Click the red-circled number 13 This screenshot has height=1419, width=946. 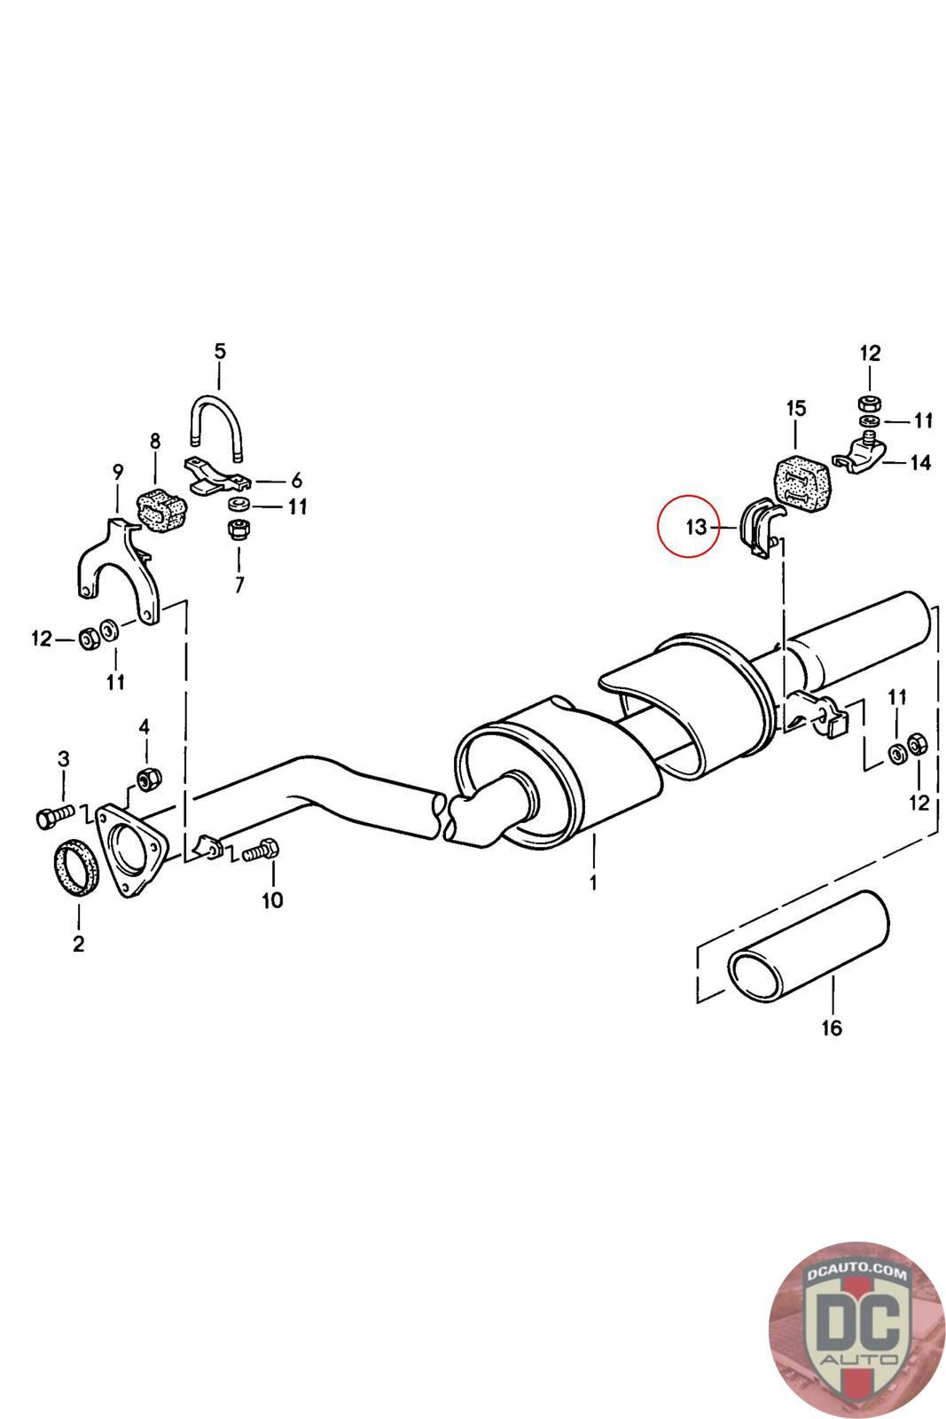tap(696, 527)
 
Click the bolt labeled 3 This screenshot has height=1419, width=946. tap(55, 817)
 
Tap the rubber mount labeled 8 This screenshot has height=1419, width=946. tap(161, 508)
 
